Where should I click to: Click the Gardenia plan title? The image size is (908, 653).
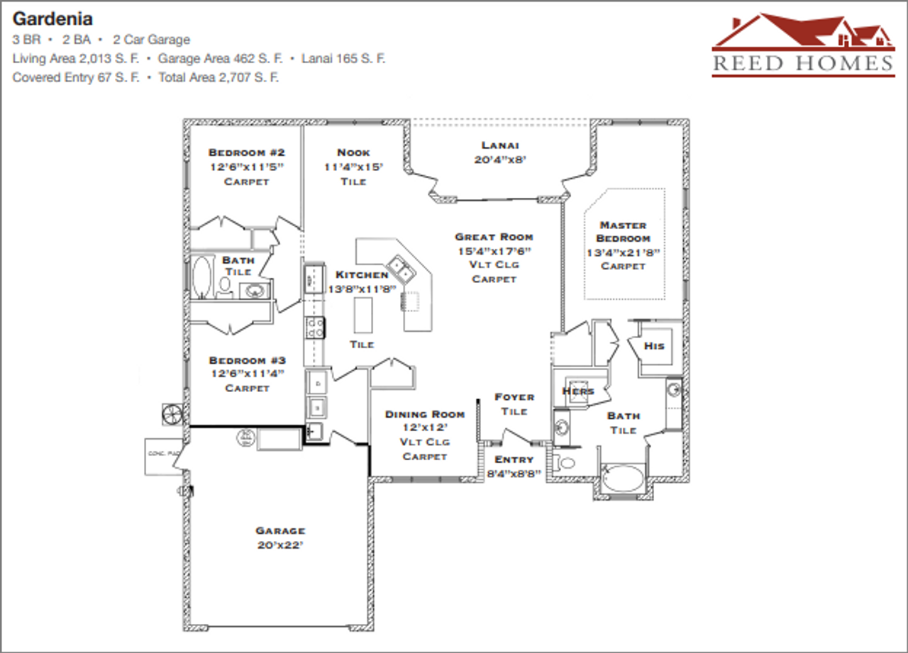(x=53, y=18)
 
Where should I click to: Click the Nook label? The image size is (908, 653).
(x=353, y=152)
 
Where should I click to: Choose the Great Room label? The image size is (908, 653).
(x=494, y=237)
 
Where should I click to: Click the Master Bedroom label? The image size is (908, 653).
(x=623, y=232)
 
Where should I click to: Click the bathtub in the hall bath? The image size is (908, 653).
(x=202, y=277)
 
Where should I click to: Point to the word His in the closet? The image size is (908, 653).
(x=654, y=346)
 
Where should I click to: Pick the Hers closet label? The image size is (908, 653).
(x=577, y=391)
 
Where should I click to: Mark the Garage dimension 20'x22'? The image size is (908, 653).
(x=280, y=546)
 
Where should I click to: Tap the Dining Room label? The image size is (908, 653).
(x=425, y=414)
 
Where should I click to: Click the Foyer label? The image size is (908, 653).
(x=514, y=397)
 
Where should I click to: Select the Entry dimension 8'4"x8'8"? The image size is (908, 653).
(x=514, y=473)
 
